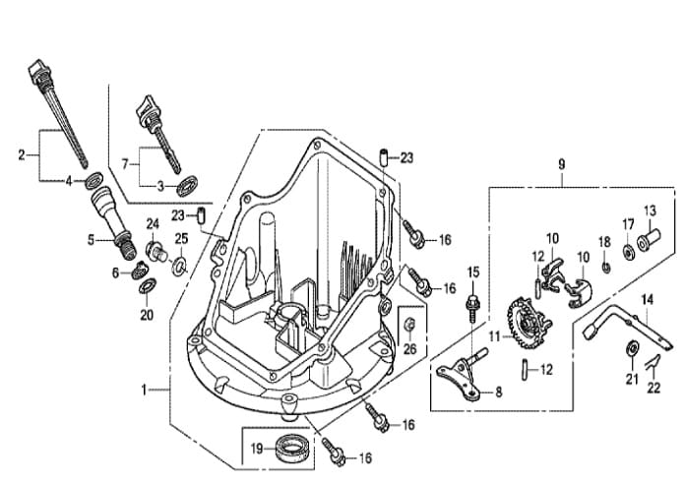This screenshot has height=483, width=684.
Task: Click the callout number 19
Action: coord(257,449)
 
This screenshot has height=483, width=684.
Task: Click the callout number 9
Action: coord(561,165)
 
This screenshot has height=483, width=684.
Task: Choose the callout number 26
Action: coord(409,348)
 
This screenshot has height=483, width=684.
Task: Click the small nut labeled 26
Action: coord(409,325)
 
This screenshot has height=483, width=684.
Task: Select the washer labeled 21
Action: coord(631,348)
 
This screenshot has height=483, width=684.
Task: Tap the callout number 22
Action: coord(653,388)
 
